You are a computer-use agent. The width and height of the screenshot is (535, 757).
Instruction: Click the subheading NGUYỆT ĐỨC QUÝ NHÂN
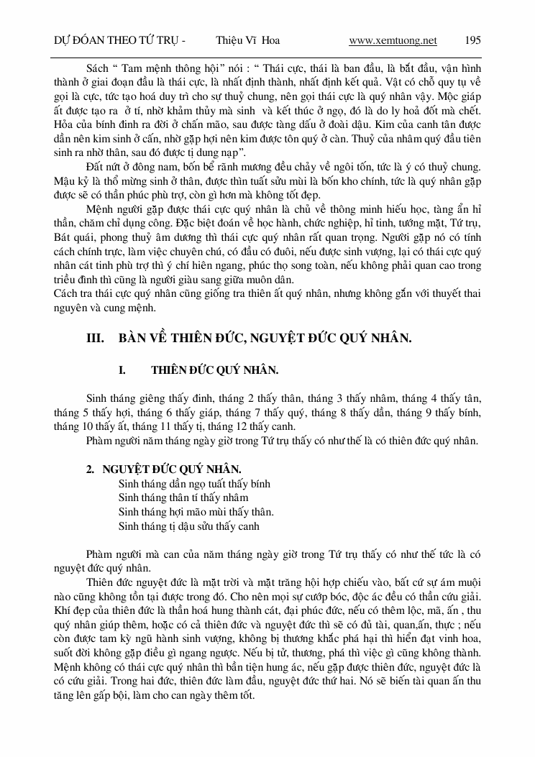pos(172,469)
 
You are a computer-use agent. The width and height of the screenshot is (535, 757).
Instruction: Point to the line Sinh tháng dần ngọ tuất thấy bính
pos(194,484)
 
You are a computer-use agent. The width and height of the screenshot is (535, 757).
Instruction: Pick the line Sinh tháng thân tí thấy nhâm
pos(183,497)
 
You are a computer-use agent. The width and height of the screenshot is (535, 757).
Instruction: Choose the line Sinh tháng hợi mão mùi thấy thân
pos(196,512)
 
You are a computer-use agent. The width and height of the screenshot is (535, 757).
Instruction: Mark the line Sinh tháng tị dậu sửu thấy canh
pos(188,526)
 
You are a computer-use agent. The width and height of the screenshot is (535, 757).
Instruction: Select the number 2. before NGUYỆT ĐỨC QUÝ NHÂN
pos(91,469)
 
